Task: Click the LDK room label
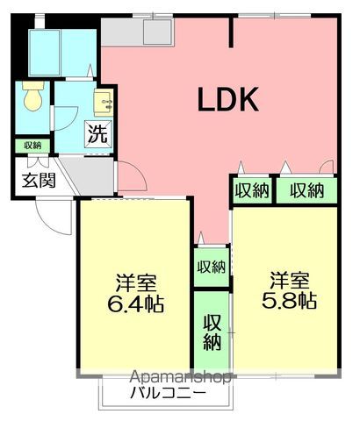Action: pos(228,99)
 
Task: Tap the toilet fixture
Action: pos(33,96)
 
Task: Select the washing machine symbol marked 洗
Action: pos(98,133)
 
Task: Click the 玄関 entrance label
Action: pos(39,180)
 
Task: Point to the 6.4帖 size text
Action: pos(135,305)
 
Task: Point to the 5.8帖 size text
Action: pos(289,301)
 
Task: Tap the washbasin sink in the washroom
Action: pos(103,101)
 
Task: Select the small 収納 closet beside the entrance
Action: pos(32,146)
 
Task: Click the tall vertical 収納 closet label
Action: pos(212,332)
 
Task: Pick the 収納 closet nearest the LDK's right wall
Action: pos(306,190)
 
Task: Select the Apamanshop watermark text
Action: pos(180,377)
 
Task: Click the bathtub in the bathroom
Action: pos(45,53)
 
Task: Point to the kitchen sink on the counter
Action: pos(157,32)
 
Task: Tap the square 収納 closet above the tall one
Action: pos(212,267)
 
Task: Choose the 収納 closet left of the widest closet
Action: pos(252,190)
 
